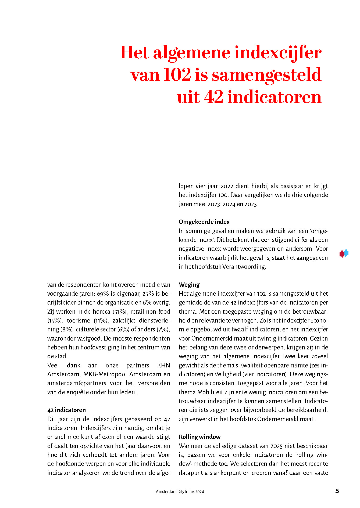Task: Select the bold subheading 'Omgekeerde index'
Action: coord(204,222)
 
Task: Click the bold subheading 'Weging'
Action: coord(189,284)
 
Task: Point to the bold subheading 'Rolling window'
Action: coord(199,437)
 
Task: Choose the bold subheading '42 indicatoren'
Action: coord(66,410)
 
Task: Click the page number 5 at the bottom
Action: coord(337,491)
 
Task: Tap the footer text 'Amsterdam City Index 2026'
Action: coord(180,492)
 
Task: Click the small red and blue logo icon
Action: coord(344,253)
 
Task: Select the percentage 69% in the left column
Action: coord(103,294)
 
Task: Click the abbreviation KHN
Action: coord(163,365)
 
